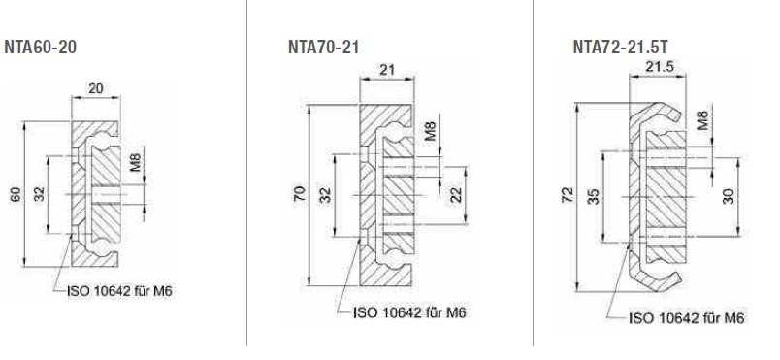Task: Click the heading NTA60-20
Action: click(41, 48)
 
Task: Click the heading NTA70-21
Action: click(323, 48)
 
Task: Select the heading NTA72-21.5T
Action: click(620, 48)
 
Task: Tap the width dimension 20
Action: click(95, 88)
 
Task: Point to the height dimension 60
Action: click(16, 194)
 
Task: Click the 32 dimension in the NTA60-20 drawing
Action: click(40, 193)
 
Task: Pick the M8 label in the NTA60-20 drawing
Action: click(136, 162)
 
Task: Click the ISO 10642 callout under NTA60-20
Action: click(120, 291)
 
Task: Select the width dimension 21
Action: click(387, 70)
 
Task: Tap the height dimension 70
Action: click(301, 193)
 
